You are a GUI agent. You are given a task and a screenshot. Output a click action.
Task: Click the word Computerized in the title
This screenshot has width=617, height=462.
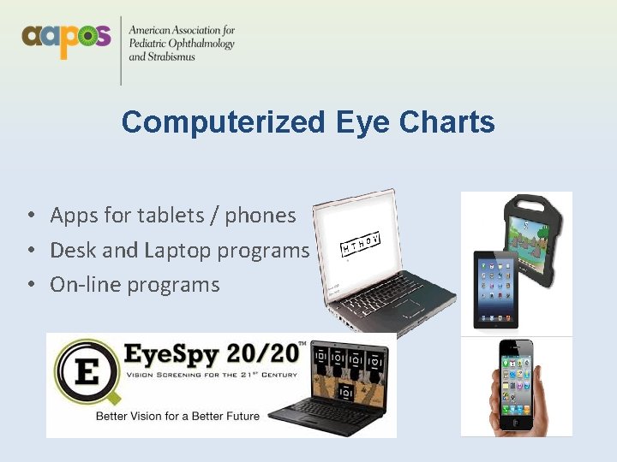click(x=223, y=122)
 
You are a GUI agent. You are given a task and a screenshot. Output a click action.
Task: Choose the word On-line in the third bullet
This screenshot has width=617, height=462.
click(x=86, y=284)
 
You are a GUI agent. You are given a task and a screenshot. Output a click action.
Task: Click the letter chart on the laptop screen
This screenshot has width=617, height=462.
click(x=360, y=244)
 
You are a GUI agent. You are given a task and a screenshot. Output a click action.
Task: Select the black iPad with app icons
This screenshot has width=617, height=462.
click(x=495, y=288)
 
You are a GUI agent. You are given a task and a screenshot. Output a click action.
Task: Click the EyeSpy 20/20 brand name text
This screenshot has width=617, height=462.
click(x=214, y=354)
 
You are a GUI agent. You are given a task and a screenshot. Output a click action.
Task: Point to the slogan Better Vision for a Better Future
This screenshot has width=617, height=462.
click(x=177, y=416)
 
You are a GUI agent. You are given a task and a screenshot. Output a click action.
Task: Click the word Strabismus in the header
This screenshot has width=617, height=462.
click(x=170, y=56)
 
